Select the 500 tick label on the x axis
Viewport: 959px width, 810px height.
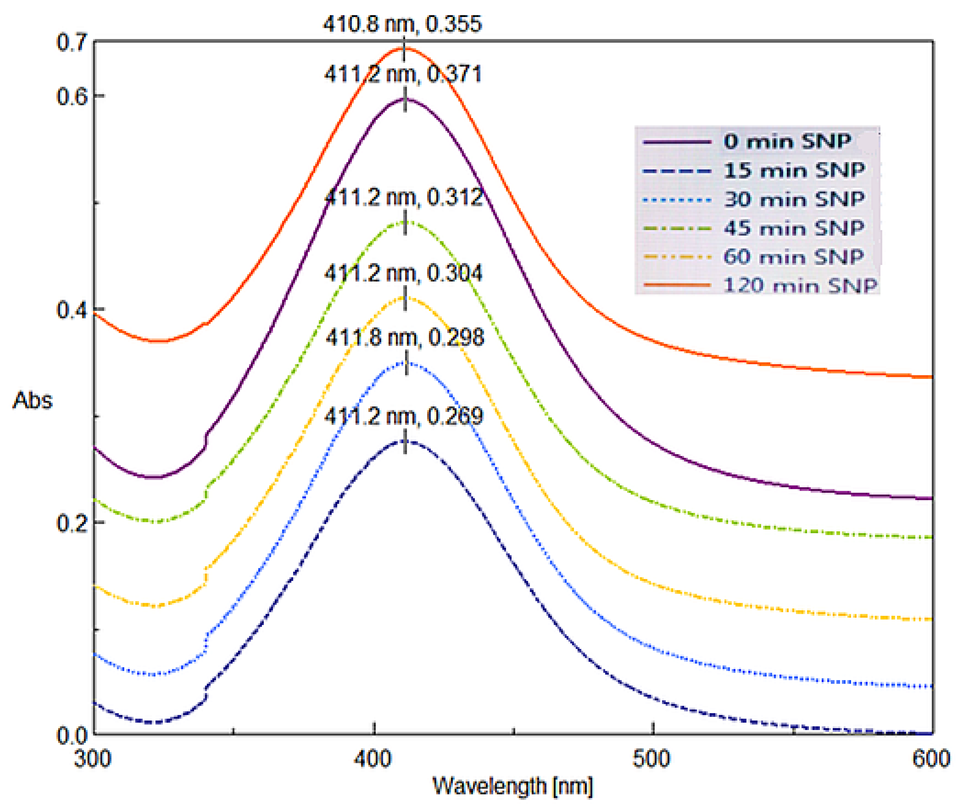pos(652,759)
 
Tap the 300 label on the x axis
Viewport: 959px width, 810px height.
pos(93,759)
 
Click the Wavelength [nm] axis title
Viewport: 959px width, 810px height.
pos(513,786)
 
